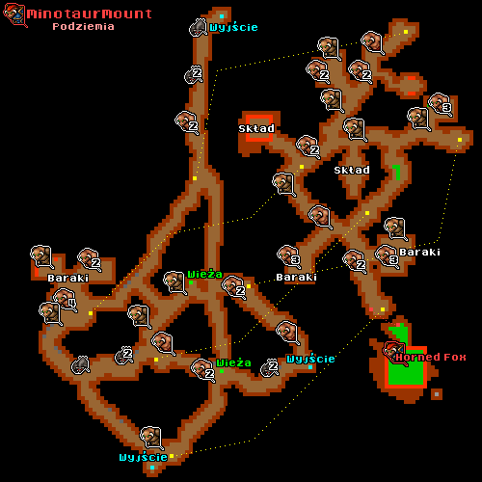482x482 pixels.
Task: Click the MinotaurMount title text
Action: click(x=90, y=13)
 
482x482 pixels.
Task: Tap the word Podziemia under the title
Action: click(x=83, y=26)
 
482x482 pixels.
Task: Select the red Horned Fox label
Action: click(x=431, y=357)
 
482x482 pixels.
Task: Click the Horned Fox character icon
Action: click(x=395, y=353)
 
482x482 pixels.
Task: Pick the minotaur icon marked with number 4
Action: click(x=66, y=300)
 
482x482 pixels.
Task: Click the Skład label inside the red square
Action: click(x=256, y=128)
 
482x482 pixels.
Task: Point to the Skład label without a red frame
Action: click(x=352, y=170)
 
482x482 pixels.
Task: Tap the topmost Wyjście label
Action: click(x=233, y=27)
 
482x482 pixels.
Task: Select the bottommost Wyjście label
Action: click(x=144, y=457)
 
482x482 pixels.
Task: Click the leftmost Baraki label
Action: click(x=68, y=278)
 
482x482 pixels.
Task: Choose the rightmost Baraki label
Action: click(x=419, y=252)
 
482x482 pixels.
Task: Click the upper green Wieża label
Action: click(x=204, y=274)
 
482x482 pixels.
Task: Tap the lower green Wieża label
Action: click(x=233, y=362)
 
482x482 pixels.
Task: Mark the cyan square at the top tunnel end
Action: click(x=222, y=16)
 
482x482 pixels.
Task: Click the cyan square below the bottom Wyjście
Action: click(x=152, y=468)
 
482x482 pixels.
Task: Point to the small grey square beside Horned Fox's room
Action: click(x=437, y=394)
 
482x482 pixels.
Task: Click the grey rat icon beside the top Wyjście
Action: click(x=198, y=28)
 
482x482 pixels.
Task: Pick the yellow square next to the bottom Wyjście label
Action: click(x=172, y=456)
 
